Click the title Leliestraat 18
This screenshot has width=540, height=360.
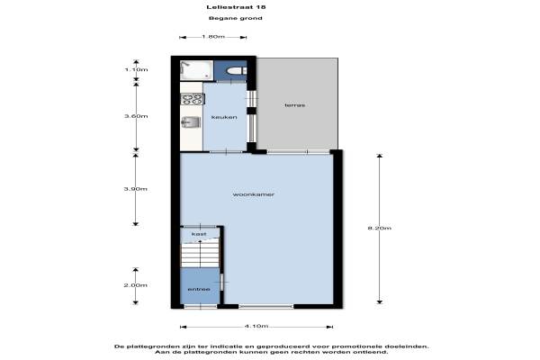(x=236, y=7)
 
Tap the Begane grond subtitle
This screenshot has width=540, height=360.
(x=236, y=18)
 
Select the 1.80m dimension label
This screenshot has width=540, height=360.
(x=213, y=37)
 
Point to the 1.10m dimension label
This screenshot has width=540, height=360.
(x=137, y=69)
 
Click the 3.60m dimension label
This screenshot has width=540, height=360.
(x=136, y=116)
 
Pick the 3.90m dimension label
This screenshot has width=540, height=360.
(x=136, y=189)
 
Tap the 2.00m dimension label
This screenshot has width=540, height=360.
(x=136, y=285)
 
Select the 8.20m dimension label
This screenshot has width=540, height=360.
(x=380, y=228)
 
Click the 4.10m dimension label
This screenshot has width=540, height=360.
(x=256, y=326)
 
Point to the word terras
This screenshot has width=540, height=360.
(x=295, y=105)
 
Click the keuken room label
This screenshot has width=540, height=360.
(x=224, y=117)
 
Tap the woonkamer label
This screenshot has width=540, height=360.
(x=254, y=194)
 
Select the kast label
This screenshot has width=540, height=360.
(x=199, y=234)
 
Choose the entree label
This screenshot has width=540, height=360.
(x=199, y=289)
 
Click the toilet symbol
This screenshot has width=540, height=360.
(x=236, y=71)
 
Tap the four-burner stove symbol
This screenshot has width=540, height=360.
(x=193, y=99)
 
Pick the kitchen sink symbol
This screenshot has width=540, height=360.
(x=191, y=122)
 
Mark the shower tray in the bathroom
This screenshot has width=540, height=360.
(x=196, y=70)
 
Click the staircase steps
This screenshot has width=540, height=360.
(x=200, y=255)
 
